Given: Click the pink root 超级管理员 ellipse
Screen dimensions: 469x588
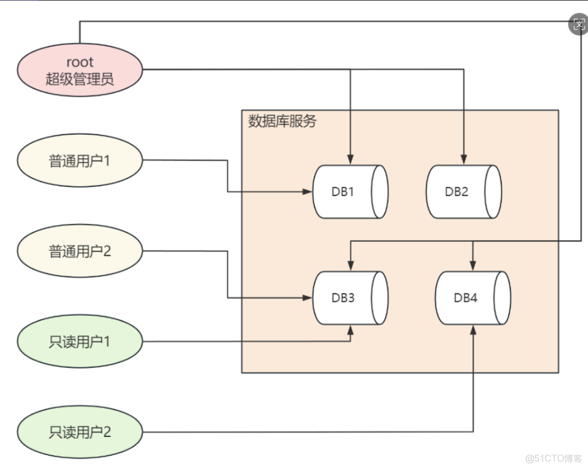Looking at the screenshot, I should [x=79, y=70].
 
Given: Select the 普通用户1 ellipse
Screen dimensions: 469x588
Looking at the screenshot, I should [x=79, y=161].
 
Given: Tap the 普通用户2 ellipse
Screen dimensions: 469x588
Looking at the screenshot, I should [x=79, y=251].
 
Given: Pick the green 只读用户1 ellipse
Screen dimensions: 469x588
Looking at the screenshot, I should [x=79, y=342].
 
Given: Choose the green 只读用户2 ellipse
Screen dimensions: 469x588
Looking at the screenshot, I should [x=79, y=432].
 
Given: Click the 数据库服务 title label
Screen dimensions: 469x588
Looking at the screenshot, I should [x=282, y=122].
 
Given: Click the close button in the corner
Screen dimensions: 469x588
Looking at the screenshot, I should [x=578, y=24].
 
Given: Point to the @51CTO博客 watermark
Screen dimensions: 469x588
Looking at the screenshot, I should [x=553, y=458].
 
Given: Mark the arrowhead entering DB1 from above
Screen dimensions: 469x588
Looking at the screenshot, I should [x=350, y=161].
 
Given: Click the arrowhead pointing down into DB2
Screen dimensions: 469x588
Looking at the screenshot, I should [x=464, y=161].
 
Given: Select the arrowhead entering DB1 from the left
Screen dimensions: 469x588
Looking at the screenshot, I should [x=308, y=192].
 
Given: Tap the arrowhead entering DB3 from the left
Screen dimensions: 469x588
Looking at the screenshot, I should [x=308, y=298].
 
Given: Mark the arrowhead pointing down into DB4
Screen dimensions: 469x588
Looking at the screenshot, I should [x=473, y=267].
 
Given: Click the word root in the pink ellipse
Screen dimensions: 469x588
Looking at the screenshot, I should [x=79, y=62].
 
